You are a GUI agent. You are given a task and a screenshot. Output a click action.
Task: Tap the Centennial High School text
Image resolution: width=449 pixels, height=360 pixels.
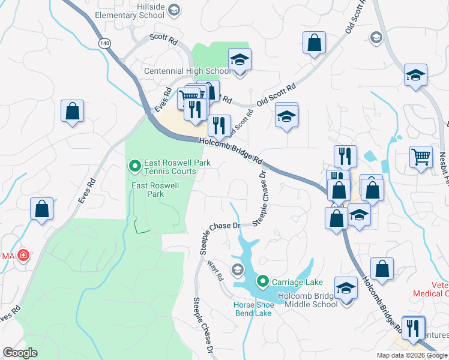click(187, 71)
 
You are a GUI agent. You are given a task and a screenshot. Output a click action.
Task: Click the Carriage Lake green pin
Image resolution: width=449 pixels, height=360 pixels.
click(262, 281)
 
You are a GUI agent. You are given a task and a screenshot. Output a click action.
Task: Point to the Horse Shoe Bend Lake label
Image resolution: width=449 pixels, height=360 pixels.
click(254, 309)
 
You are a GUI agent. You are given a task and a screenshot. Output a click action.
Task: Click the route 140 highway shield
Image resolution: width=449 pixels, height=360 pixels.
click(105, 43)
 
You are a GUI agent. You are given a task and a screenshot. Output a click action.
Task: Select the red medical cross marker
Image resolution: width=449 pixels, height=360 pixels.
click(23, 256)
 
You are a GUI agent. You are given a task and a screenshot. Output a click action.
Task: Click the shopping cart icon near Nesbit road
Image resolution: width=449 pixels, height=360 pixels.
click(421, 157)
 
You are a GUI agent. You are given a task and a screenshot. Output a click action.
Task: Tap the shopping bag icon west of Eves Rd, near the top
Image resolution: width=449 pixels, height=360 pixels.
click(72, 110)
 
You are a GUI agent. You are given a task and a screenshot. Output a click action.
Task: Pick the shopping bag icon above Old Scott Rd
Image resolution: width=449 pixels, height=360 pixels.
click(314, 43)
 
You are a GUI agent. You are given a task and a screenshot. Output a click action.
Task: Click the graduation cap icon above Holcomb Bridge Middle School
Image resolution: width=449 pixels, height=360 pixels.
click(346, 289)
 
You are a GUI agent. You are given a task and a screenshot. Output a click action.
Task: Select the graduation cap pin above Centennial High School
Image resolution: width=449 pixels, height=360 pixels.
click(240, 59)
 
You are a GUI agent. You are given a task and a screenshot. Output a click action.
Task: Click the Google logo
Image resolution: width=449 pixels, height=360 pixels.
click(20, 353)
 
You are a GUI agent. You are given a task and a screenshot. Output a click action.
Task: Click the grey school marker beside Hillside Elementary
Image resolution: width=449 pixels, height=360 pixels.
click(174, 9)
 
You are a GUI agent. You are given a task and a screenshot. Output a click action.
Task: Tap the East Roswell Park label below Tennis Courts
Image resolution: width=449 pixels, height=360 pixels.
click(155, 190)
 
